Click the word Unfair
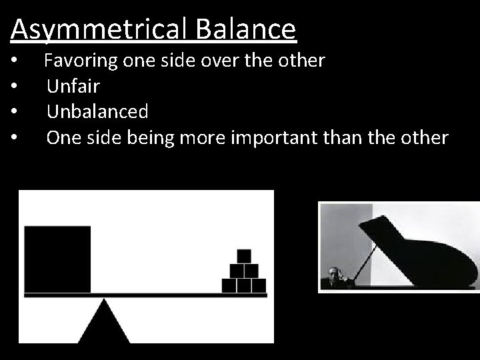tap(73, 87)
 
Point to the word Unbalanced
tap(97, 111)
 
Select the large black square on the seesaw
tap(57, 259)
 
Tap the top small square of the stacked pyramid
tap(244, 256)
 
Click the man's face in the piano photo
tap(333, 274)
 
